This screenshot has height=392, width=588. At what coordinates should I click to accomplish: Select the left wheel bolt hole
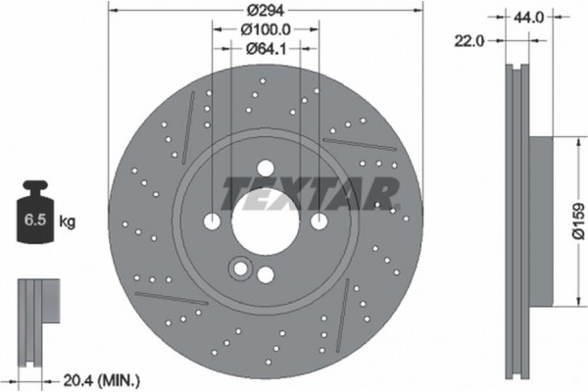click(213, 222)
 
